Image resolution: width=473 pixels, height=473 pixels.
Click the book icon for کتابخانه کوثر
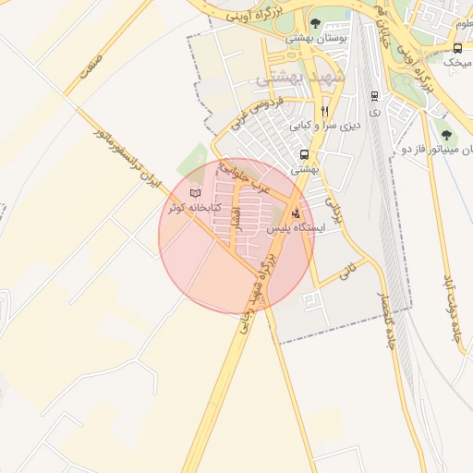click(x=194, y=193)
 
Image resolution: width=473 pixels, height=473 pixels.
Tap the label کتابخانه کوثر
click(x=195, y=208)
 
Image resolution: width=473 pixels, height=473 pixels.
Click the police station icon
click(x=296, y=213)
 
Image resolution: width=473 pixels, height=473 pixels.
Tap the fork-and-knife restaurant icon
click(x=323, y=111)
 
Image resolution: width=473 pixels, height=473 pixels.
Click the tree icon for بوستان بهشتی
click(x=316, y=24)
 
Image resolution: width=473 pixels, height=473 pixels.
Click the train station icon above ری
click(x=373, y=95)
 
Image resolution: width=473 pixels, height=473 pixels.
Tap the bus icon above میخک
click(x=457, y=48)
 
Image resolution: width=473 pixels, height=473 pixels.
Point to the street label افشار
click(x=235, y=218)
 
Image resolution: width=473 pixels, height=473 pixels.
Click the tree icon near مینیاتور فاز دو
click(x=446, y=135)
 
